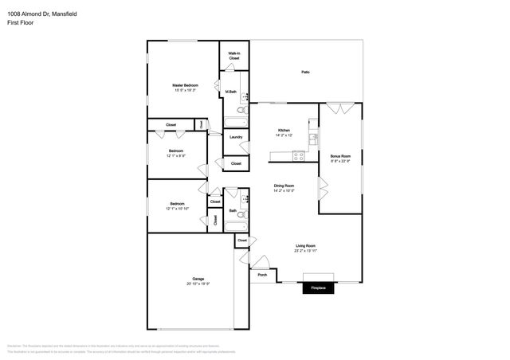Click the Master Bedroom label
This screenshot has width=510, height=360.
click(185, 85)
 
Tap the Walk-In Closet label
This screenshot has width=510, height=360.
click(234, 56)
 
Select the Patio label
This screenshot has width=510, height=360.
click(305, 72)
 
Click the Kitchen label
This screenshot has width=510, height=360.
click(284, 130)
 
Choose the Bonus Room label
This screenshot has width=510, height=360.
click(340, 156)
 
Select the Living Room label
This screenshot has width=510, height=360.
click(305, 245)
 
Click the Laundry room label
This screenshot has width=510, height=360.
click(236, 137)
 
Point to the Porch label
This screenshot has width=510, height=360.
click(262, 275)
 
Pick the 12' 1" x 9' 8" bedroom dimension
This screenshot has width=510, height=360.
click(176, 156)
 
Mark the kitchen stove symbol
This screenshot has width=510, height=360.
click(299, 156)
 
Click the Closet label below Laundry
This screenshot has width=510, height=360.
click(236, 162)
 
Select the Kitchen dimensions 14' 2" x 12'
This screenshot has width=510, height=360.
click(284, 135)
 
